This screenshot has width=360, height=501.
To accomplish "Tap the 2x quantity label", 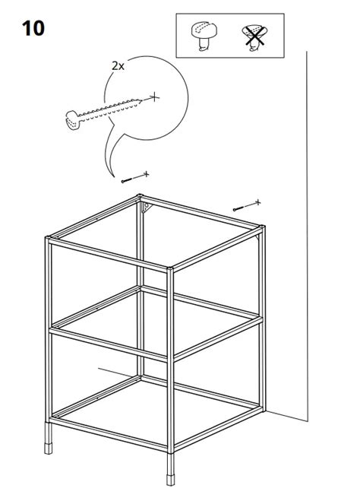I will (x=118, y=66).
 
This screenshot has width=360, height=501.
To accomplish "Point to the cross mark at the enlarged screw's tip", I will (x=154, y=96).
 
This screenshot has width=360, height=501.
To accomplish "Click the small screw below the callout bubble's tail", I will (x=126, y=179).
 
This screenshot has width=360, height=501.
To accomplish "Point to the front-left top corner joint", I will (x=49, y=241).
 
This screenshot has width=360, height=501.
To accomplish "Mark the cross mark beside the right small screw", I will (x=257, y=202).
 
